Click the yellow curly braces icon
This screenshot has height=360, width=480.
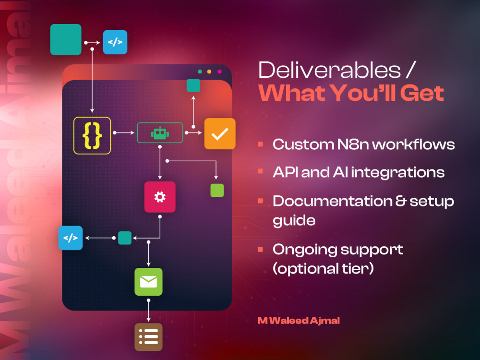click(92, 135)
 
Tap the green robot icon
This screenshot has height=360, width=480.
click(160, 133)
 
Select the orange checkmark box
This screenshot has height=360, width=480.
click(220, 133)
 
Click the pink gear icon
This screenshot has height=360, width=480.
click(160, 197)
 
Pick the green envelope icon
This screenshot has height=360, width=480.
click(148, 282)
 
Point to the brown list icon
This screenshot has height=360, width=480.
click(148, 337)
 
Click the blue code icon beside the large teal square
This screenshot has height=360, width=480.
click(115, 42)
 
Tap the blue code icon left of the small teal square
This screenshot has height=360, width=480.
click(71, 238)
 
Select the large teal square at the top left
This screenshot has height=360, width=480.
click(66, 39)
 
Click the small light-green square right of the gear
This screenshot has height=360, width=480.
click(217, 190)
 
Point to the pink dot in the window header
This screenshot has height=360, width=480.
click(219, 72)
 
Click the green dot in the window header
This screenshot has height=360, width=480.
click(200, 72)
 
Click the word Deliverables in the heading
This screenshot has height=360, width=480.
click(330, 70)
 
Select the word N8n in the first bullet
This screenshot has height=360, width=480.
click(353, 144)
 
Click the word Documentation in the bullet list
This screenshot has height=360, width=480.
click(333, 201)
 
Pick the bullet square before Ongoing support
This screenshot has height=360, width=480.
click(261, 250)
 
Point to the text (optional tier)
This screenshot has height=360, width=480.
click(323, 269)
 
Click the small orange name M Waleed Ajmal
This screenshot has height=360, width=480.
click(299, 321)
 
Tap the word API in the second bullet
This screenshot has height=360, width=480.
click(285, 172)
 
